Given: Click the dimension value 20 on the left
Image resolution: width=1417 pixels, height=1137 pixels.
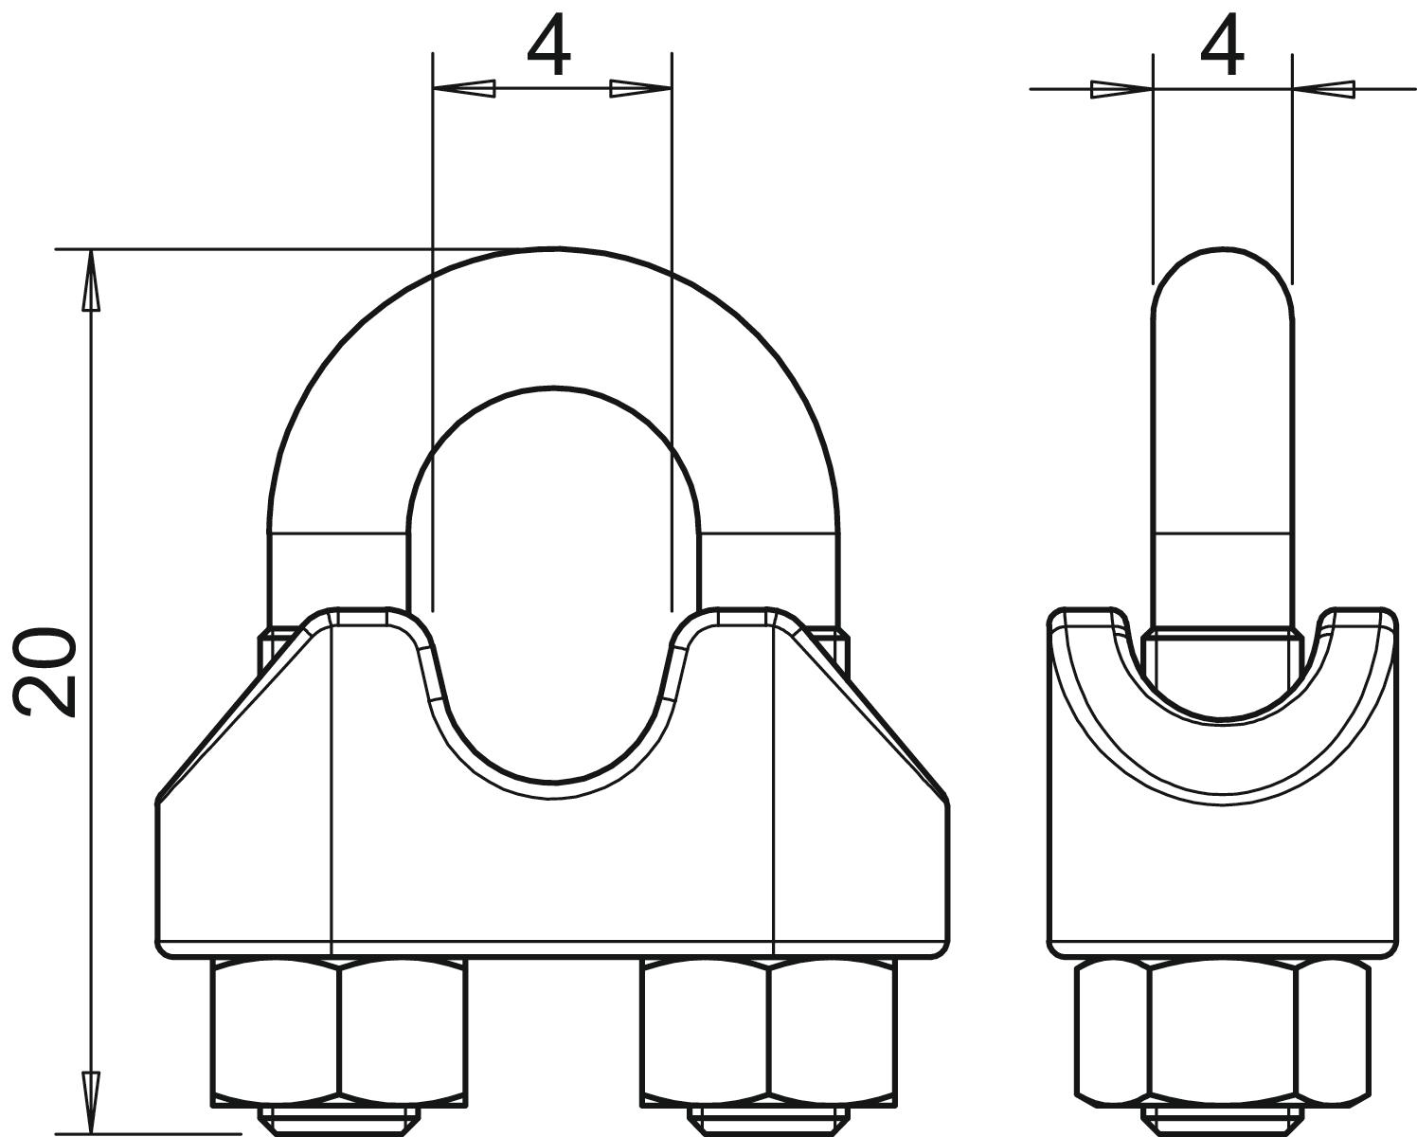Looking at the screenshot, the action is coord(45,672).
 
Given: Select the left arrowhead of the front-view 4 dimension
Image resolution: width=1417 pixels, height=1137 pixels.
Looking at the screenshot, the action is coord(464,88).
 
